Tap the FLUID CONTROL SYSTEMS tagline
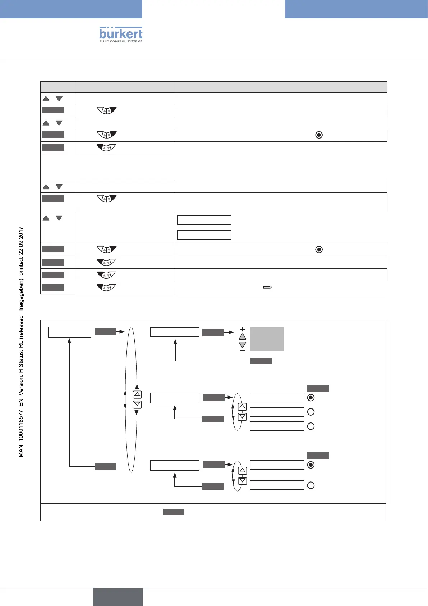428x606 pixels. [121, 41]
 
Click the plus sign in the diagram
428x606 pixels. [243, 329]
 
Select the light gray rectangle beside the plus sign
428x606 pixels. [267, 339]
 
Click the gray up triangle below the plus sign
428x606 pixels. [243, 337]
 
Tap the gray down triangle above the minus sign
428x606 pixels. [243, 344]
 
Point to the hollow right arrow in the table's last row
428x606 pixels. [268, 288]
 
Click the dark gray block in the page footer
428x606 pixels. [118, 597]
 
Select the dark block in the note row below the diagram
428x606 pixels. [174, 512]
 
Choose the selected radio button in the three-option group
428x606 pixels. [311, 398]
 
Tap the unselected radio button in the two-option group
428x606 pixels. [311, 485]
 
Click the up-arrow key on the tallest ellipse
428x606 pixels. [137, 395]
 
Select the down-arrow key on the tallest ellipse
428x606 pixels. [137, 404]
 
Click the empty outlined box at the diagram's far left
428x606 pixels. [69, 332]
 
